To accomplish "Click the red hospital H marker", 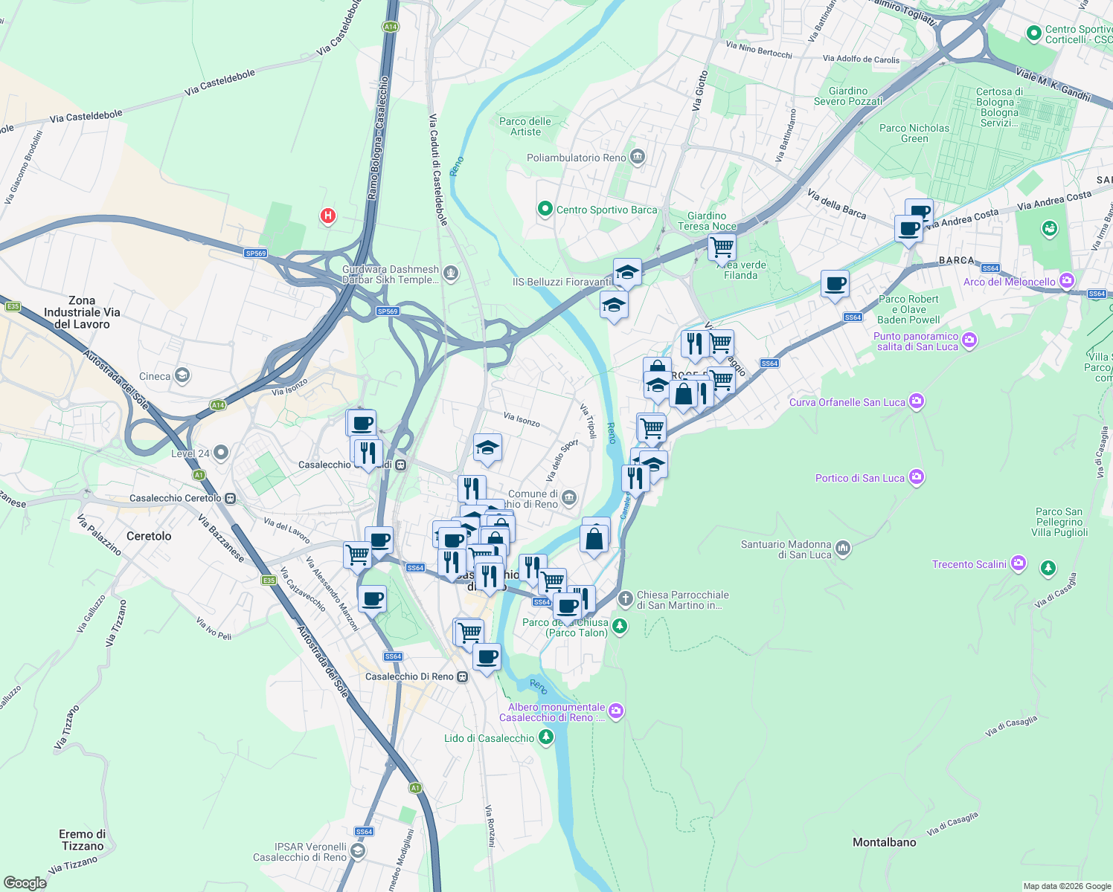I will (327, 216).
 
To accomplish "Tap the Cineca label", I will (155, 376).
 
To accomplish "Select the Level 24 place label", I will (190, 453).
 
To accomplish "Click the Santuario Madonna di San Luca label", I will (786, 549).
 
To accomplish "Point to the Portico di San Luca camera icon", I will (917, 477).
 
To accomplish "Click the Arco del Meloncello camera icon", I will (1067, 281).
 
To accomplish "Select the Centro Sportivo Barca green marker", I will (545, 210).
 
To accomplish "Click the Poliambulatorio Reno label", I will (576, 158).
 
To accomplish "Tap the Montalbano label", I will (884, 842).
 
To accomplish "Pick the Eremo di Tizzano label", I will (82, 840).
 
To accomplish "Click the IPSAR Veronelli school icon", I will (358, 851).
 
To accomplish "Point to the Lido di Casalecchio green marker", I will (546, 737).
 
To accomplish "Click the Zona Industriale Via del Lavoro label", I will (82, 312).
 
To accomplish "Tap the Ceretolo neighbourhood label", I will (149, 536).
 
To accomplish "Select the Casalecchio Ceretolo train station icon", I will (231, 498).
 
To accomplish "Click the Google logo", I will (25, 882).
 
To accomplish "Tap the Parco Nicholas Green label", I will (914, 133).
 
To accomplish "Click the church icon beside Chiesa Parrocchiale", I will (626, 598).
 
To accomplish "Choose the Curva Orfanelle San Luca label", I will (847, 402).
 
